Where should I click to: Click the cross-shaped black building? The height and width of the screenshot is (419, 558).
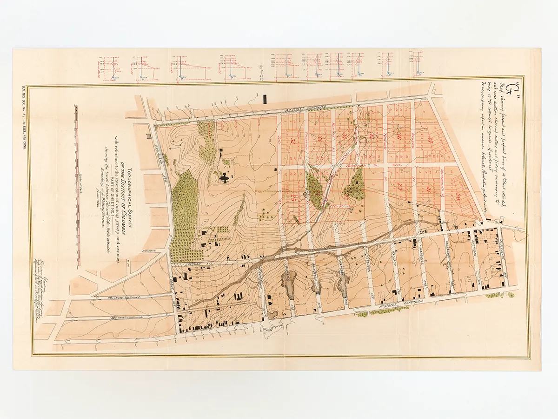coord(225,177)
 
